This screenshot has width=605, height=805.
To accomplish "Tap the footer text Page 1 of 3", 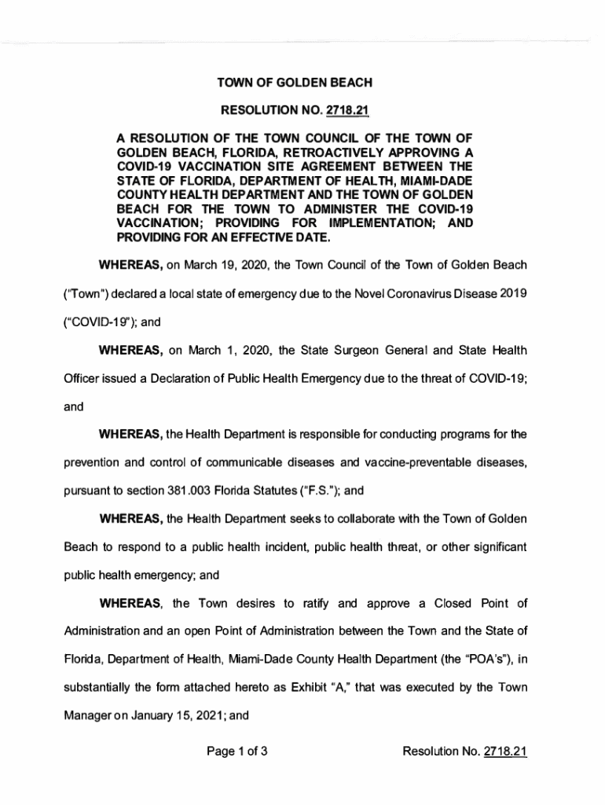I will tap(238, 774).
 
